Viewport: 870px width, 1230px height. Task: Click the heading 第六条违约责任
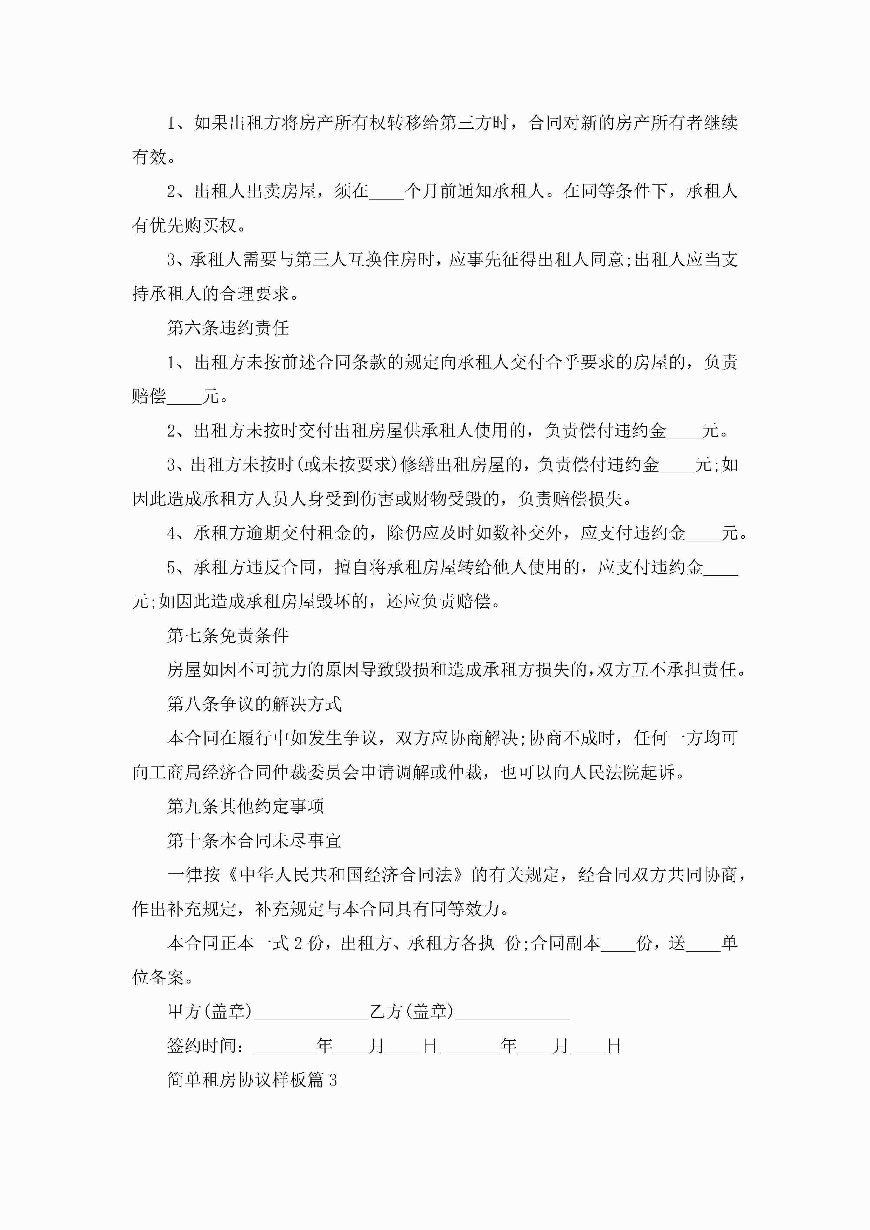point(228,328)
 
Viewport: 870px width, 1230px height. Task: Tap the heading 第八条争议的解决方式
point(254,704)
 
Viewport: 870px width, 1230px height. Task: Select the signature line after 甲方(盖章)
point(310,1013)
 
